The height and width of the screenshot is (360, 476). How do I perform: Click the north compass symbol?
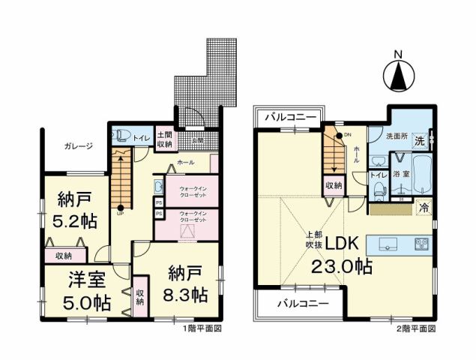399,73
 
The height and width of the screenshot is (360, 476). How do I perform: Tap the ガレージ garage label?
78,146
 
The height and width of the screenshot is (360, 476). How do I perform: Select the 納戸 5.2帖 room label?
76,209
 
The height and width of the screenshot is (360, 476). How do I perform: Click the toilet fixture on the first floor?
120,136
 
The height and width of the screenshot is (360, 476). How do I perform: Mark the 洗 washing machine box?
421,139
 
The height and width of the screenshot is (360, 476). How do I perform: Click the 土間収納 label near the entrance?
164,139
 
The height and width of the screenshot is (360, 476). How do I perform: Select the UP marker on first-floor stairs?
119,211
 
